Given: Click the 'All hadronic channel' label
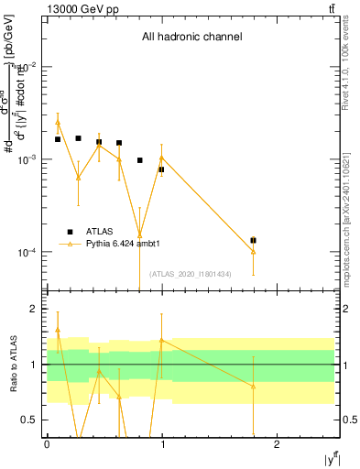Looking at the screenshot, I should coord(191,38).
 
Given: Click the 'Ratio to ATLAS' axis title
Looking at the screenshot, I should coord(13,364).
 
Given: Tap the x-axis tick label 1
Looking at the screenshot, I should coord(162,444).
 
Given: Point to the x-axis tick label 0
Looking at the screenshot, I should coord(47,444).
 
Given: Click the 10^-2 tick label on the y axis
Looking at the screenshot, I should coord(27,67).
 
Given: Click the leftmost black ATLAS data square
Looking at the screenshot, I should coord(58,139).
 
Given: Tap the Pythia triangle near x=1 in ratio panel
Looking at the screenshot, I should coord(161,341).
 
